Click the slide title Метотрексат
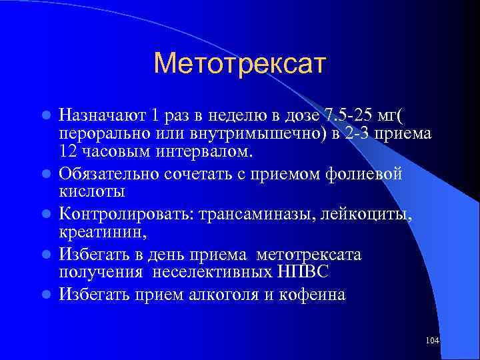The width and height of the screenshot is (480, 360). [x=239, y=64]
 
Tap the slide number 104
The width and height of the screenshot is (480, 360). [x=431, y=341]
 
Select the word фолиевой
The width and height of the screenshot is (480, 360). [x=366, y=173]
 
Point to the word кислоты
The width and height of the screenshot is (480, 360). [x=92, y=192]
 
